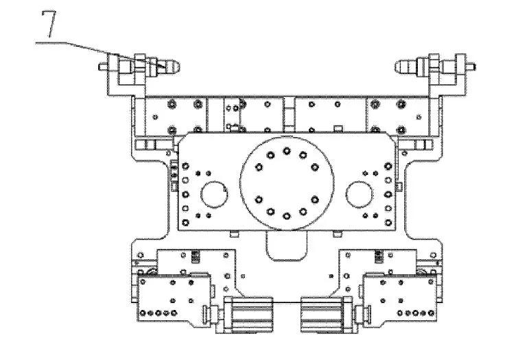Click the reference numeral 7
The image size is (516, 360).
pos(49,24)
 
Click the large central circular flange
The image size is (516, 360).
pos(287,184)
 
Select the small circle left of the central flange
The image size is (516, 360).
pos(214,194)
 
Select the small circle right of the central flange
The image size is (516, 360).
pos(360,194)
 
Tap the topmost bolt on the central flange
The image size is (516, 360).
pos(287,151)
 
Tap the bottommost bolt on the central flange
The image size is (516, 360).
pos(287,216)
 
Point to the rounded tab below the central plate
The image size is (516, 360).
pos(287,246)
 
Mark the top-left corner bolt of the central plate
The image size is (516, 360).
pos(185,166)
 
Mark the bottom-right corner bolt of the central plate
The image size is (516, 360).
pos(388,223)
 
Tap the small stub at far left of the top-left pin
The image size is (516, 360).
pos(103,67)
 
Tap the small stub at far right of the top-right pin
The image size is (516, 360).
pos(471,67)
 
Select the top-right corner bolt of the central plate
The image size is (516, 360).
pos(388,166)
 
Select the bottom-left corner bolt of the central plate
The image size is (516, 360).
pos(185,223)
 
